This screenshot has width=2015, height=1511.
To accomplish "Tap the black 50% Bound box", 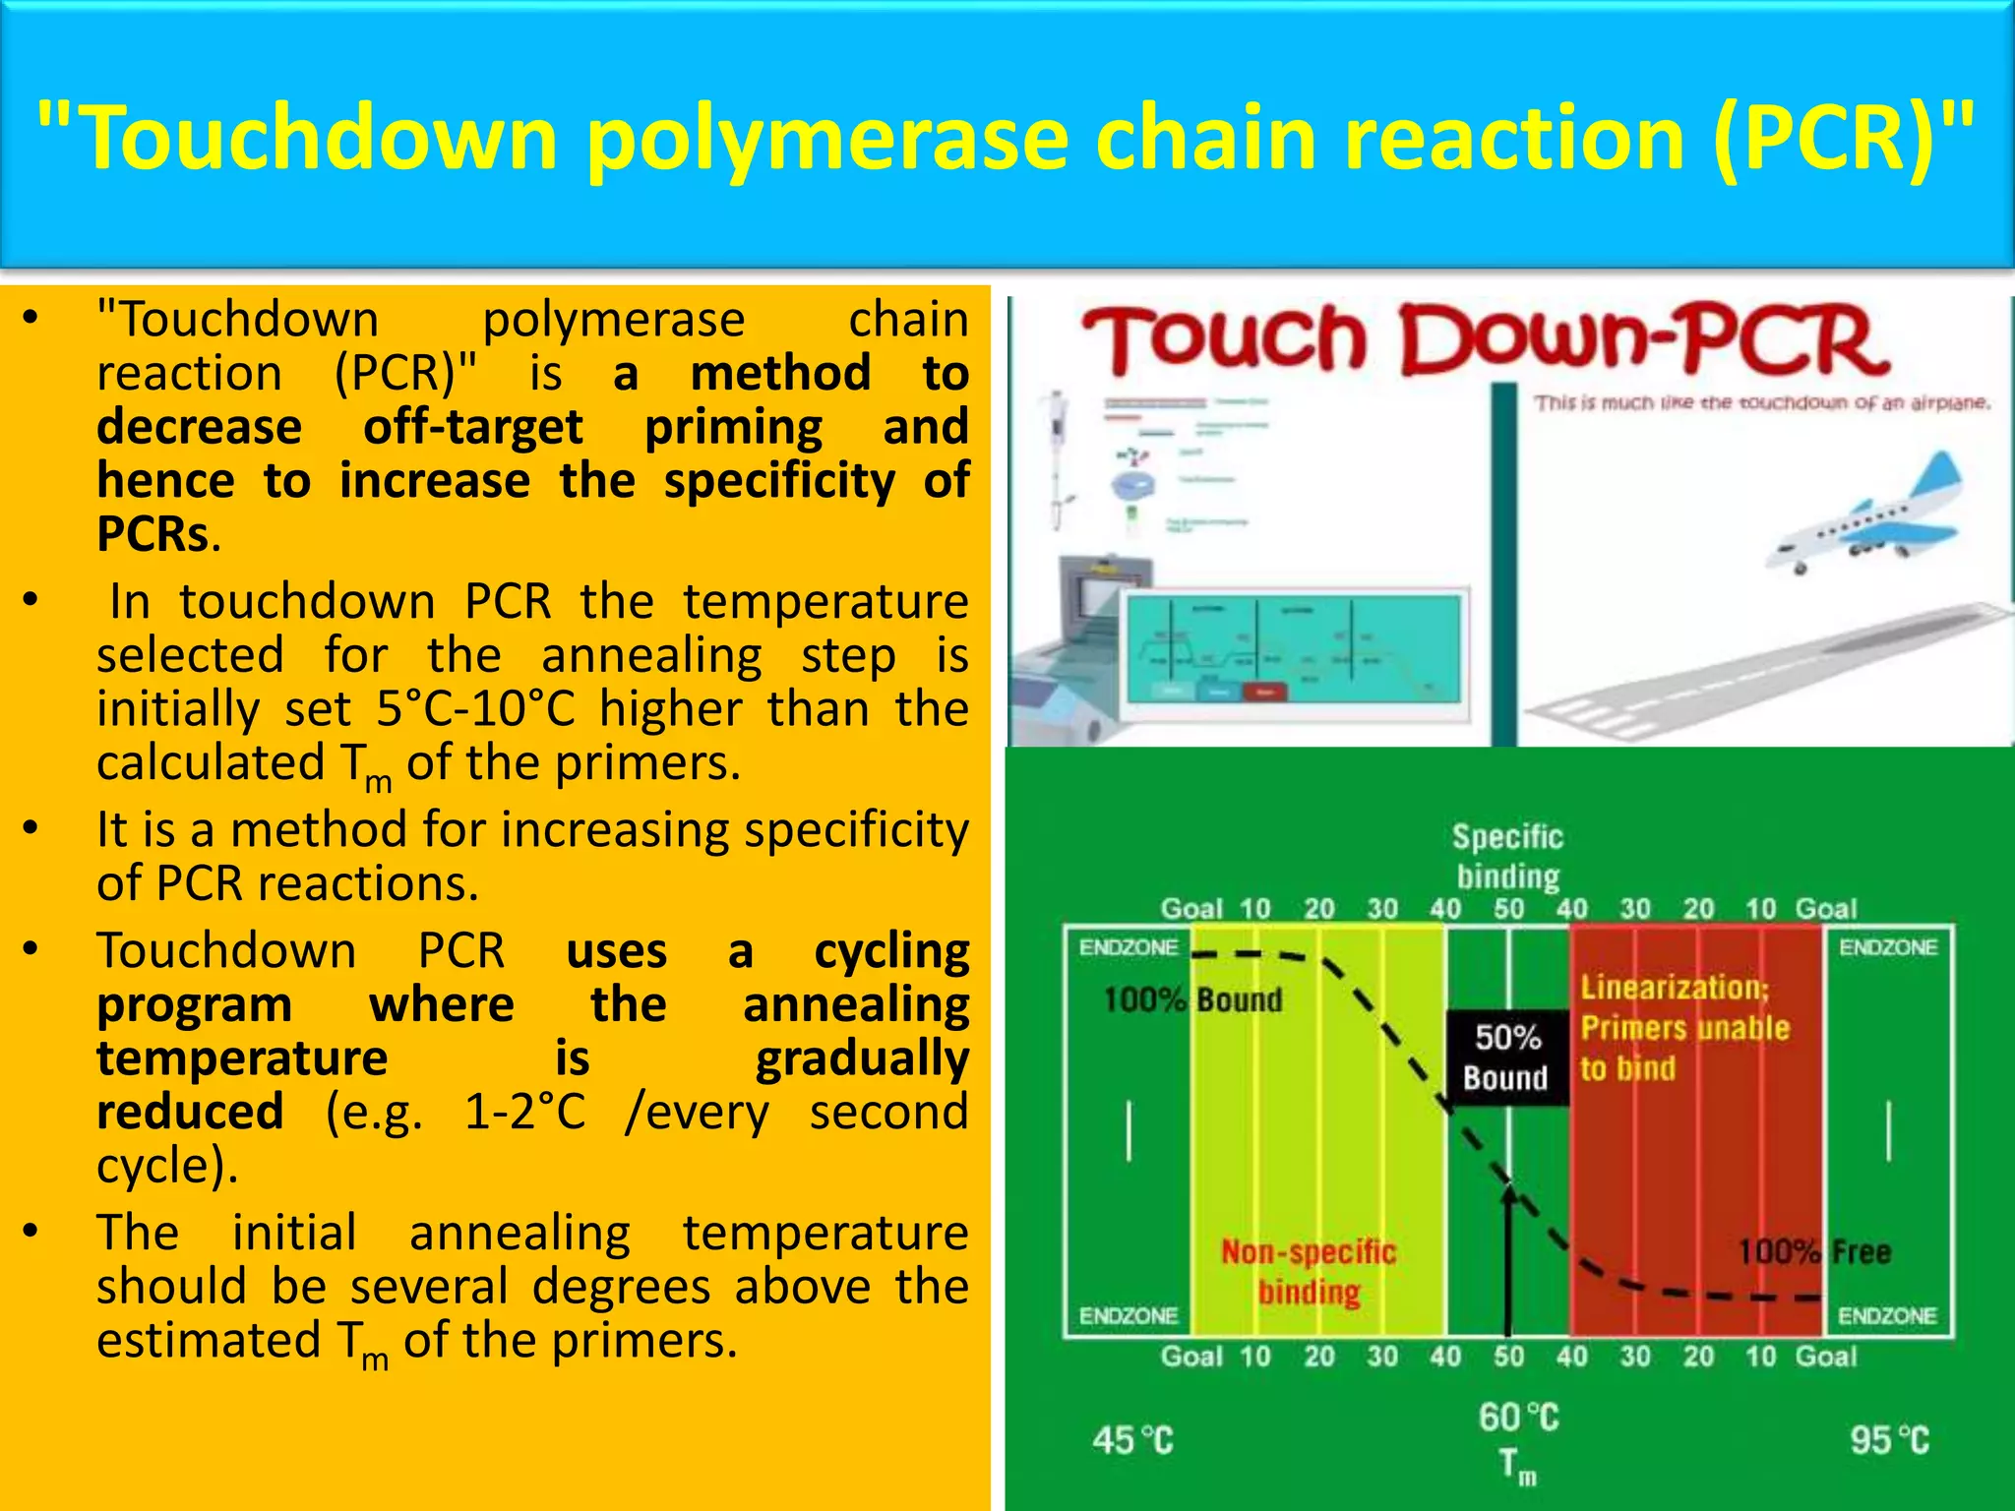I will tap(1506, 1058).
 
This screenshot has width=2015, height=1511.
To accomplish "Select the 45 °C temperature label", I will tap(1132, 1440).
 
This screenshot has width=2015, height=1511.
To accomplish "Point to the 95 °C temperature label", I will tap(1888, 1440).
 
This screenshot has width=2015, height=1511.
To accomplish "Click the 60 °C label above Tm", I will tap(1518, 1418).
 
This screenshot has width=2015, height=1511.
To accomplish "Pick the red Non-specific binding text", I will tap(1309, 1271).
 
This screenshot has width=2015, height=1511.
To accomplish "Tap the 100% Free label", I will tap(1813, 1251).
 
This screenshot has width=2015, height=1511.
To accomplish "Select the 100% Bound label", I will tap(1192, 1000).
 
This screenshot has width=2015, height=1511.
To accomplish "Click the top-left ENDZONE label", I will tap(1128, 947).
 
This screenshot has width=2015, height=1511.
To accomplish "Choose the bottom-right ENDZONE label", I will tap(1887, 1315).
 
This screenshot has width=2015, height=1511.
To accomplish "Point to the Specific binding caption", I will tap(1507, 856).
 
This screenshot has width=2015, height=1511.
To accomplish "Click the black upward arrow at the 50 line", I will tap(1508, 1259).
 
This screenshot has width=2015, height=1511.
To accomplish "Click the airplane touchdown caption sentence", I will tap(1761, 403).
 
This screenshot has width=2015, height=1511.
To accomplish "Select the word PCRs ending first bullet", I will tap(153, 534).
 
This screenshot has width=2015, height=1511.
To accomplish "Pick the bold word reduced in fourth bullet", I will tap(190, 1112).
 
